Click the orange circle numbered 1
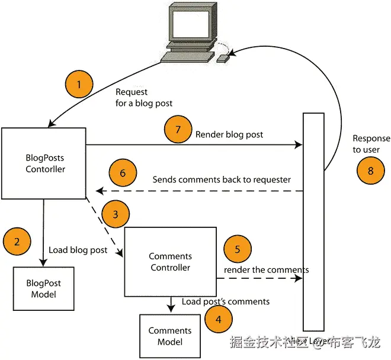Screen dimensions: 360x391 pyautogui.click(x=79, y=84)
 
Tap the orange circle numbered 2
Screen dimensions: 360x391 pyautogui.click(x=17, y=242)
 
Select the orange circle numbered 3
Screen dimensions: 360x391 pyautogui.click(x=116, y=214)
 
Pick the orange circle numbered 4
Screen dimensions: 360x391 pyautogui.click(x=219, y=320)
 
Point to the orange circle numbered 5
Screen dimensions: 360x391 pyautogui.click(x=238, y=249)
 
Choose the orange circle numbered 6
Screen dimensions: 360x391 pyautogui.click(x=123, y=173)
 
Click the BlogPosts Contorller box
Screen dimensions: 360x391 pyautogui.click(x=44, y=163)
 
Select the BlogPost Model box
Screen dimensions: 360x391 pyautogui.click(x=43, y=289)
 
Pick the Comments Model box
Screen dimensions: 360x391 pyautogui.click(x=169, y=336)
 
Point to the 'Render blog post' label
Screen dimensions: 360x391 pyautogui.click(x=229, y=134)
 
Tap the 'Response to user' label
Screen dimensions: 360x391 pyautogui.click(x=371, y=144)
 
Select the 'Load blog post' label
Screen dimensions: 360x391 pyautogui.click(x=78, y=250)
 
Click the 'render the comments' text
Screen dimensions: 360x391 pyautogui.click(x=266, y=270)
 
